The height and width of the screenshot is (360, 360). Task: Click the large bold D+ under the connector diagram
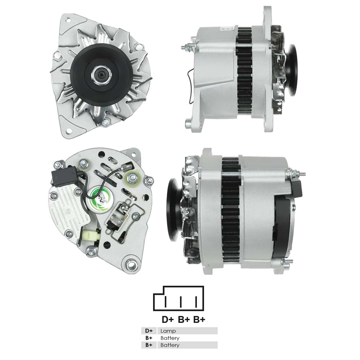168,319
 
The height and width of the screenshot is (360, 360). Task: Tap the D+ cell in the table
149,331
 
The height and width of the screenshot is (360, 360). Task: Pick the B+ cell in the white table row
149,338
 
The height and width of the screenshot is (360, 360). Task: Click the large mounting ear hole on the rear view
132,265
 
